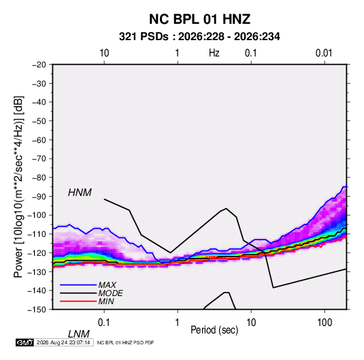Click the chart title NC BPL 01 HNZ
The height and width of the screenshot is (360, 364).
click(x=199, y=19)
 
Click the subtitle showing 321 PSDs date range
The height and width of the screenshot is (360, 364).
click(x=199, y=37)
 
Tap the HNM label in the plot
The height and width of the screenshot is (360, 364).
click(x=80, y=193)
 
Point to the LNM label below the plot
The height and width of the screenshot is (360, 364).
click(x=79, y=334)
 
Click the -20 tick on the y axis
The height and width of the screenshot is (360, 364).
click(x=39, y=65)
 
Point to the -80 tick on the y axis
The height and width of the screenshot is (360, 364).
click(x=39, y=178)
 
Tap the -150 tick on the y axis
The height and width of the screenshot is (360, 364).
click(x=37, y=310)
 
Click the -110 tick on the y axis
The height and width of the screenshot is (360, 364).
click(x=37, y=234)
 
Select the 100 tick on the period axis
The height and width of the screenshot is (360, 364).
click(x=325, y=323)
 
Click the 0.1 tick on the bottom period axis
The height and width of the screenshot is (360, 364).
click(x=103, y=323)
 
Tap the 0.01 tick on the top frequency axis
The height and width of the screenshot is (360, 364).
click(x=324, y=53)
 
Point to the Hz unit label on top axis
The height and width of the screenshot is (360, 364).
click(x=214, y=53)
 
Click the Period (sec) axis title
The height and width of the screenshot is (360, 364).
click(x=214, y=330)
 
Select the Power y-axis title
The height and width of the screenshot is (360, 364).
click(x=18, y=187)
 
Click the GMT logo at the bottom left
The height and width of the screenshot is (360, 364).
click(x=24, y=342)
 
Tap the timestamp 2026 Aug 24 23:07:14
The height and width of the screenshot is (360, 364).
click(x=63, y=342)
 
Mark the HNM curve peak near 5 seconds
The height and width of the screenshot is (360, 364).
click(x=226, y=208)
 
